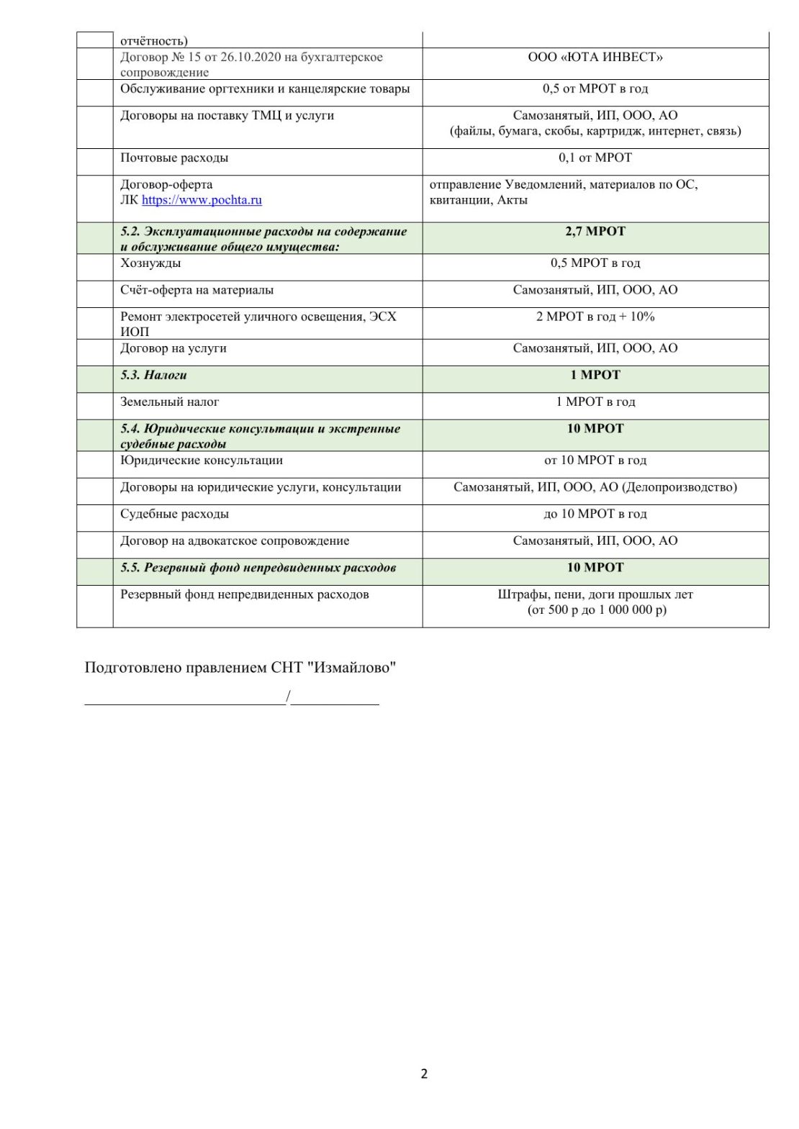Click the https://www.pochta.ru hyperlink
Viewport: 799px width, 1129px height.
[x=202, y=200]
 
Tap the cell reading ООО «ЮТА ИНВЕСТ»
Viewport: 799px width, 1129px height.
[x=595, y=58]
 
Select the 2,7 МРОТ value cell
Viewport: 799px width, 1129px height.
[x=595, y=232]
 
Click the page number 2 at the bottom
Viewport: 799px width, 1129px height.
[x=424, y=1074]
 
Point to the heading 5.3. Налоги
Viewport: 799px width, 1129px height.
[x=154, y=376]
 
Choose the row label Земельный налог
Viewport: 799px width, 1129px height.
[x=170, y=402]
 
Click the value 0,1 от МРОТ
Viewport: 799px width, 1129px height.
[x=595, y=158]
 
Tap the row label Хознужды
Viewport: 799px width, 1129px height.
[x=150, y=263]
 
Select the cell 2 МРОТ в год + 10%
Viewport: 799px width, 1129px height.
[x=595, y=317]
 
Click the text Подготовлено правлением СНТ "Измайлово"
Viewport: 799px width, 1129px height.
[x=240, y=668]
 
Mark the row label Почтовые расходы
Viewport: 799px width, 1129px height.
[x=174, y=158]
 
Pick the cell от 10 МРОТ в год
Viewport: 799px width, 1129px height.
[x=595, y=461]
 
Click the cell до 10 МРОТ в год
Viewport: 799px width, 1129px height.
[x=595, y=514]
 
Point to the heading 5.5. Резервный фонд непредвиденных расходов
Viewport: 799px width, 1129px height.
[x=258, y=568]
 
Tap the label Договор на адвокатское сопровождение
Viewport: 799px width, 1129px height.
[x=235, y=541]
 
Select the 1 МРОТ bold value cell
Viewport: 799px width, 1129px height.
[x=595, y=376]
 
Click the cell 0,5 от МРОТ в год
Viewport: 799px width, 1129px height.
[x=595, y=89]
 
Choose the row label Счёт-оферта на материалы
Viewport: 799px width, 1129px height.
[x=197, y=291]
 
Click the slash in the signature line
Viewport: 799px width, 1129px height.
[x=288, y=697]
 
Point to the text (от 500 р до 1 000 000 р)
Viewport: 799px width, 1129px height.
[x=597, y=610]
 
